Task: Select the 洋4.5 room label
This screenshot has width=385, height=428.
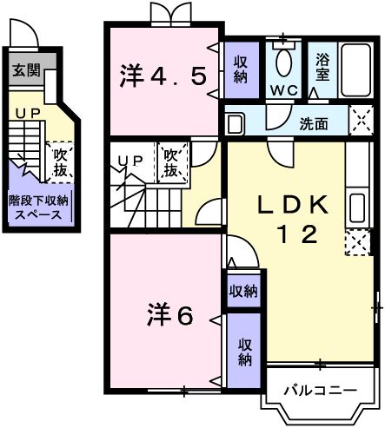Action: pyautogui.click(x=163, y=77)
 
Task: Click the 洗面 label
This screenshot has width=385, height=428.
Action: pyautogui.click(x=314, y=123)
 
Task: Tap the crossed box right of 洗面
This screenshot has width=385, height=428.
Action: pyautogui.click(x=360, y=122)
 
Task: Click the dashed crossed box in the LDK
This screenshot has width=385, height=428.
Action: pyautogui.click(x=355, y=242)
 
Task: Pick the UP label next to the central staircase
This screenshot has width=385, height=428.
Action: pyautogui.click(x=131, y=160)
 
